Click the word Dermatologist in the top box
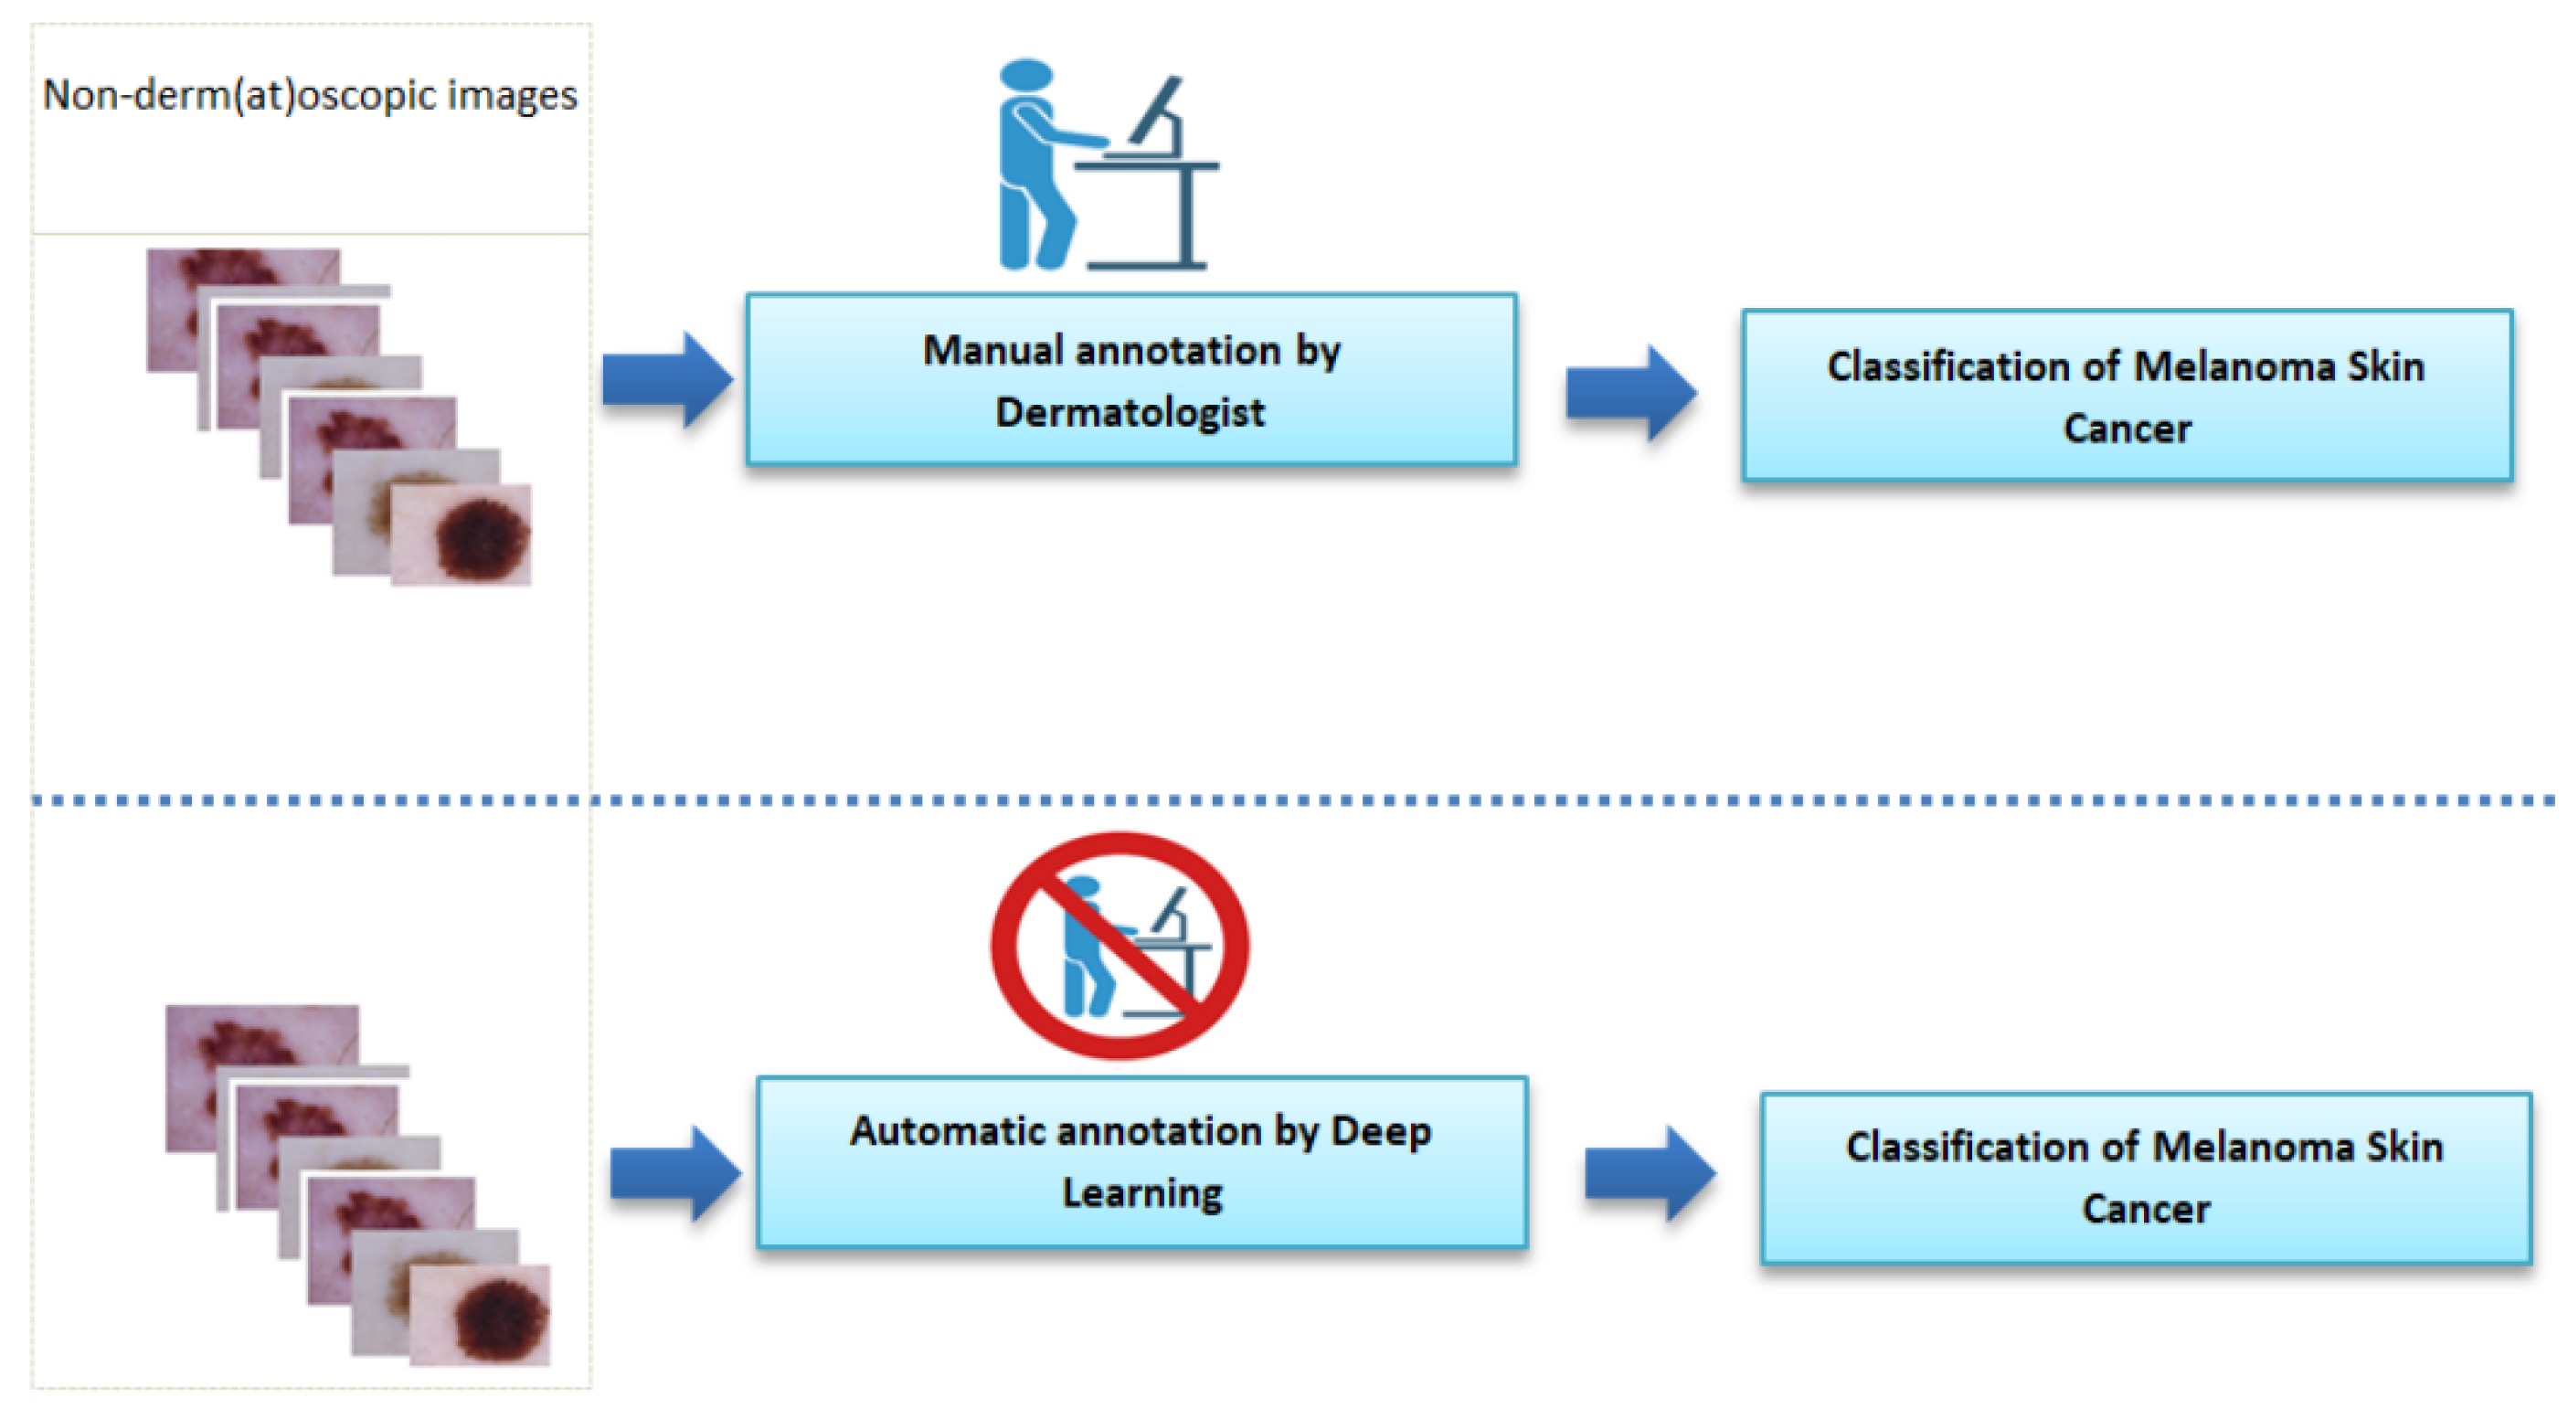1130,411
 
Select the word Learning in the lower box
1142,1192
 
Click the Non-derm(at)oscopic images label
310,96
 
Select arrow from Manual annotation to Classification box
1631,393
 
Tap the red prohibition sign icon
1120,945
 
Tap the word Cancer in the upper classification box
2127,429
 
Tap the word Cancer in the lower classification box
2145,1209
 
